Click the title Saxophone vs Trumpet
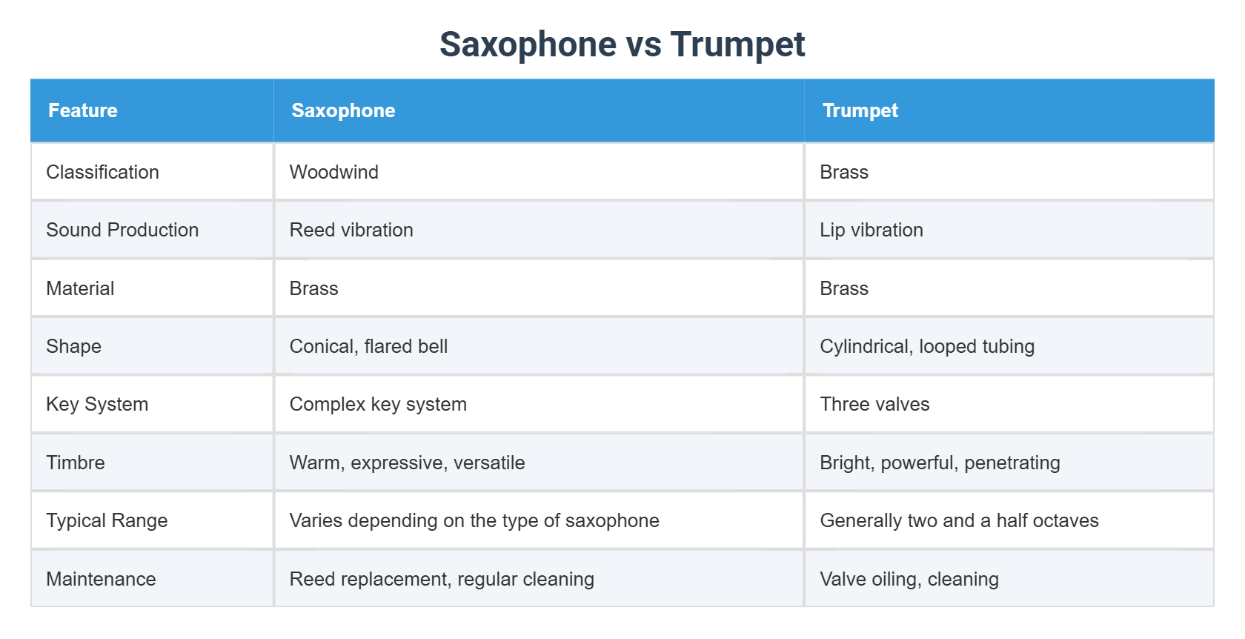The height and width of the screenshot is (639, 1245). [622, 44]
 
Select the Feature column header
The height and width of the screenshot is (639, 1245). [83, 110]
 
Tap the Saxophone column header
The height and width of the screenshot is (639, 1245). [343, 110]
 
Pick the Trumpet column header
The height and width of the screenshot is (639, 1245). [860, 110]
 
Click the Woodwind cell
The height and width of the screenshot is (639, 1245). [333, 172]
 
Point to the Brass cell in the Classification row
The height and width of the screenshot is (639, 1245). [843, 172]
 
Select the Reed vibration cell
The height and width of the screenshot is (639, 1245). [351, 230]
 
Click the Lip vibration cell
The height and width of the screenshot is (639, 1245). [871, 230]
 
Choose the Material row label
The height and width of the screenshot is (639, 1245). [80, 288]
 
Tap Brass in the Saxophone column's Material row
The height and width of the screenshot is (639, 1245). [313, 288]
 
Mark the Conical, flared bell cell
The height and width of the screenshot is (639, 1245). [368, 346]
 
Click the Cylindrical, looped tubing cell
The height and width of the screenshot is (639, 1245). [926, 346]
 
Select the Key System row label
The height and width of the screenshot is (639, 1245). [97, 404]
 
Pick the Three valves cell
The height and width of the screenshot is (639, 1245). [874, 404]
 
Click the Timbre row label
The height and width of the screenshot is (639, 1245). [76, 463]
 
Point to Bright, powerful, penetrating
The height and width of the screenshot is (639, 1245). [940, 463]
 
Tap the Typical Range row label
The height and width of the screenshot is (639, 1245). [107, 520]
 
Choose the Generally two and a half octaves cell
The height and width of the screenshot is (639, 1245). [959, 520]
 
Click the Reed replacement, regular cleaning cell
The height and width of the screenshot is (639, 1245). [442, 579]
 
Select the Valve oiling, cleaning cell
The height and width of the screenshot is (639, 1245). [909, 579]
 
